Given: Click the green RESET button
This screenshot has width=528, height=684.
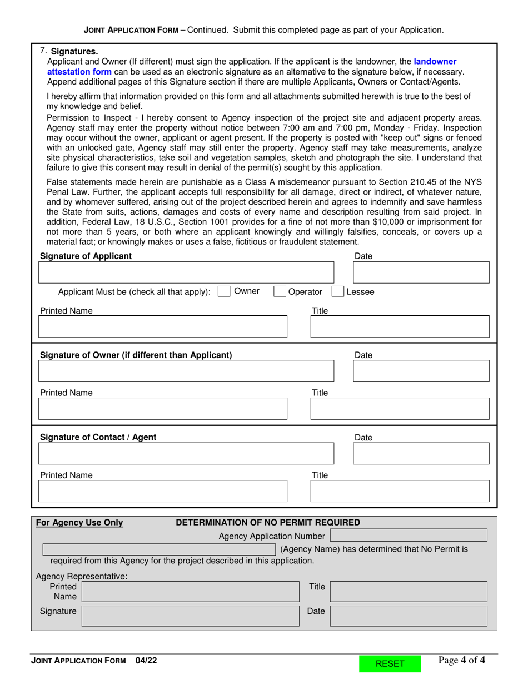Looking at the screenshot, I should [390, 663].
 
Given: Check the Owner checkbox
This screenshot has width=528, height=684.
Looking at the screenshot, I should [224, 291].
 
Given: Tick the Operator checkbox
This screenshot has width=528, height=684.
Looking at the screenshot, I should [280, 291].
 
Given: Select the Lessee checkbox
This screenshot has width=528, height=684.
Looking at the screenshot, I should [337, 291].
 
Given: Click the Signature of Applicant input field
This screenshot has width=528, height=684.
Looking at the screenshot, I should [186, 272].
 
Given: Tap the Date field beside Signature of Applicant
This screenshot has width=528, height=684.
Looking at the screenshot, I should [421, 272].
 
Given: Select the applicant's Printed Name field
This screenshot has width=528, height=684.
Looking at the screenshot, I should [162, 327].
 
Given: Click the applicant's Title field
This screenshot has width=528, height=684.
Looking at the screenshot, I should [399, 327].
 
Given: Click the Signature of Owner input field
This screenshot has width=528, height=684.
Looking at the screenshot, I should [186, 371].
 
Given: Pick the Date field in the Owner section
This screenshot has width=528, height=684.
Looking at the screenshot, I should [421, 371].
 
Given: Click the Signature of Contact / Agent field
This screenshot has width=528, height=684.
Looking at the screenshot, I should [186, 453].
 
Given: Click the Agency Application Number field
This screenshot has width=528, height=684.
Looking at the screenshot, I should [409, 536].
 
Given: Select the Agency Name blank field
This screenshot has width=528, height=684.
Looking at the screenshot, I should [160, 549].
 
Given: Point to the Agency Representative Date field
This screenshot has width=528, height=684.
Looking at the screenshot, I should [409, 616].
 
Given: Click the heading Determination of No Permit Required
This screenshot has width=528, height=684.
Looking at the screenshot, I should [268, 522].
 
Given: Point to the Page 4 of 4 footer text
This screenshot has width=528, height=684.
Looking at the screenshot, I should [461, 661].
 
